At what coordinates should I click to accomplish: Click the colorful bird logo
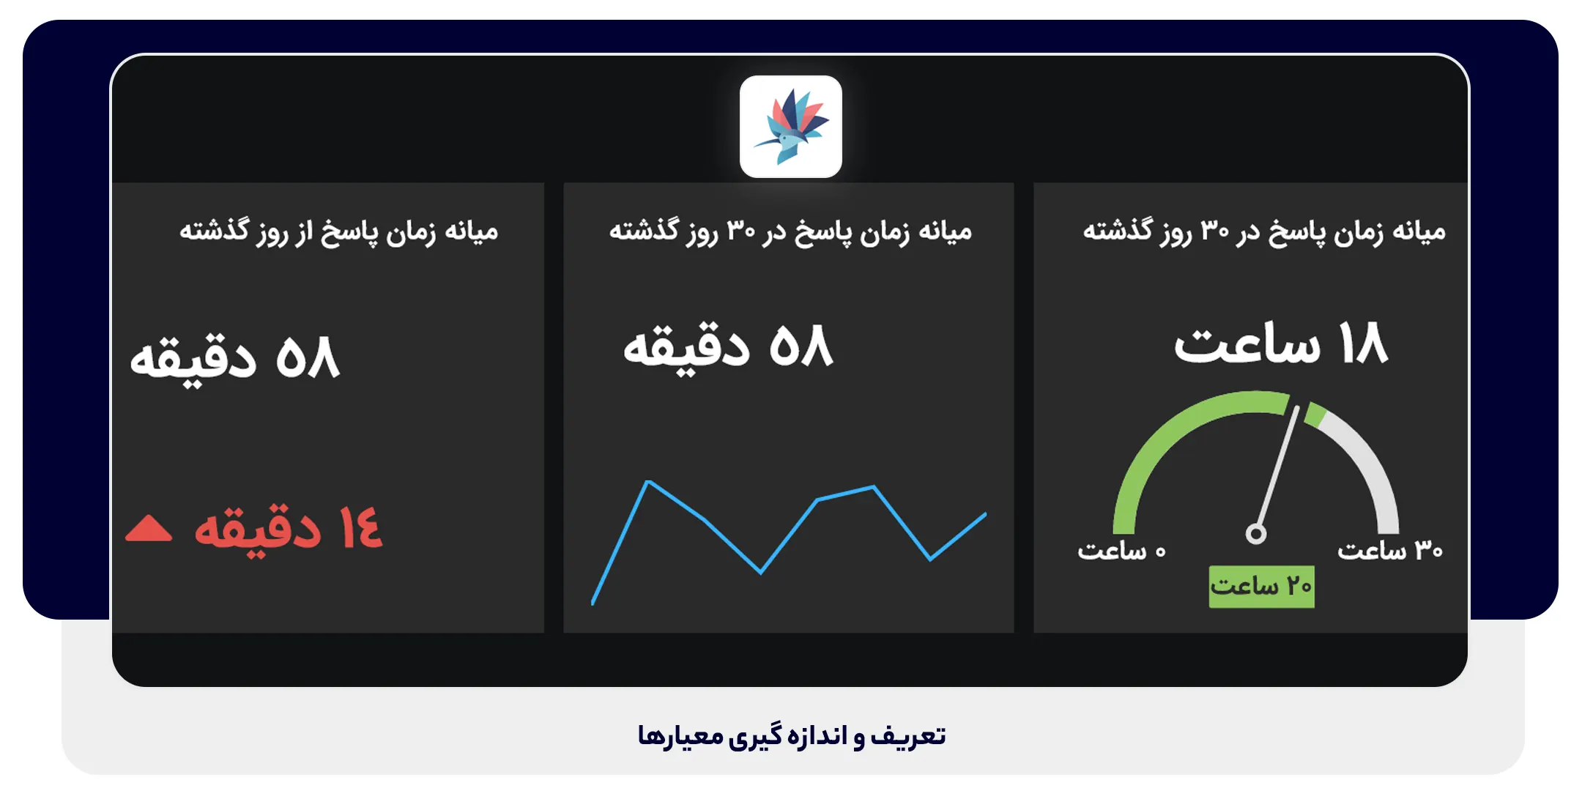[791, 127]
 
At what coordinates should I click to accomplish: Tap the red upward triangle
[149, 528]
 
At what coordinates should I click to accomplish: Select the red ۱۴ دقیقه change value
[288, 528]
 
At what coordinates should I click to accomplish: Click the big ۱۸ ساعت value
[1281, 343]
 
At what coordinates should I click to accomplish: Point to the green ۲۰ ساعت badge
[1261, 587]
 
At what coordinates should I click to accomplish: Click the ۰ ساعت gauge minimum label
[1121, 551]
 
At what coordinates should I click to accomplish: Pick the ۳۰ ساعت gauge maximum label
[1389, 550]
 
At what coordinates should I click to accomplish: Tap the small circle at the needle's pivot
[1256, 534]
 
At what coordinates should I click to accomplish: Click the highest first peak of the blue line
[648, 482]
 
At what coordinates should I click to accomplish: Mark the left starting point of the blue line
[593, 603]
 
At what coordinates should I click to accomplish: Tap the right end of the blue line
[985, 515]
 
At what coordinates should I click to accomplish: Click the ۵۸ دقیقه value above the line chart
[728, 347]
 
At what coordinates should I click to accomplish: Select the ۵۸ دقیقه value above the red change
[234, 358]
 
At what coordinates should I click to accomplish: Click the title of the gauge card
[1264, 231]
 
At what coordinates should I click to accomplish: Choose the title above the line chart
[790, 231]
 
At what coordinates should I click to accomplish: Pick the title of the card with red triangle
[338, 231]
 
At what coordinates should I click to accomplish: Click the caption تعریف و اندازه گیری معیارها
[791, 735]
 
